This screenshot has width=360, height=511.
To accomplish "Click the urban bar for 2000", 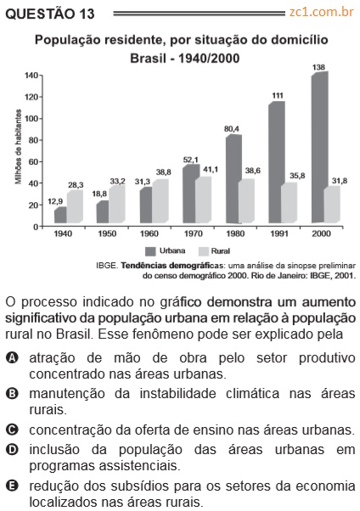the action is tap(320, 148).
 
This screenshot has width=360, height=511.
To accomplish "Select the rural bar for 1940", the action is tap(75, 206).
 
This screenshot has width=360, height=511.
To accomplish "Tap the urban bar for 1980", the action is tap(233, 179).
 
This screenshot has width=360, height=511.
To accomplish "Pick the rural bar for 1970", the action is tap(203, 199).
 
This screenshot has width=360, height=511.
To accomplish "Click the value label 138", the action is tap(318, 67).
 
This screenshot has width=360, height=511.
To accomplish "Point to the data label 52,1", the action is tap(191, 160).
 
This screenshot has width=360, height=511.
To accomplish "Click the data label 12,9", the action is tap(55, 202).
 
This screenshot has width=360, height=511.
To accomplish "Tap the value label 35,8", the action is tap(297, 176).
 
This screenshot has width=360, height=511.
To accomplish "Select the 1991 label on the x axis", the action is tap(279, 233).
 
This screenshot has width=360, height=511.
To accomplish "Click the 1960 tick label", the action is tap(149, 233).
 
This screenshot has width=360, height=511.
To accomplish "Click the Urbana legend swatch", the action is tap(150, 251).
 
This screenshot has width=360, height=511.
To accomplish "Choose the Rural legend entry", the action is tap(214, 251).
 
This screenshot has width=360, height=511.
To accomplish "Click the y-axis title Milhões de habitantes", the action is tap(19, 147).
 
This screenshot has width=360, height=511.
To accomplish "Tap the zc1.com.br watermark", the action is tap(322, 12).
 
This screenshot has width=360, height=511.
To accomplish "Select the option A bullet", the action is tap(12, 358).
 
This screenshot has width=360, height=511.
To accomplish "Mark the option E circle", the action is tap(12, 486).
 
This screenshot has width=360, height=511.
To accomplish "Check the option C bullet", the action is tap(12, 430).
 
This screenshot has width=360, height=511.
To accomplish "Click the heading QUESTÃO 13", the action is tap(50, 14).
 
